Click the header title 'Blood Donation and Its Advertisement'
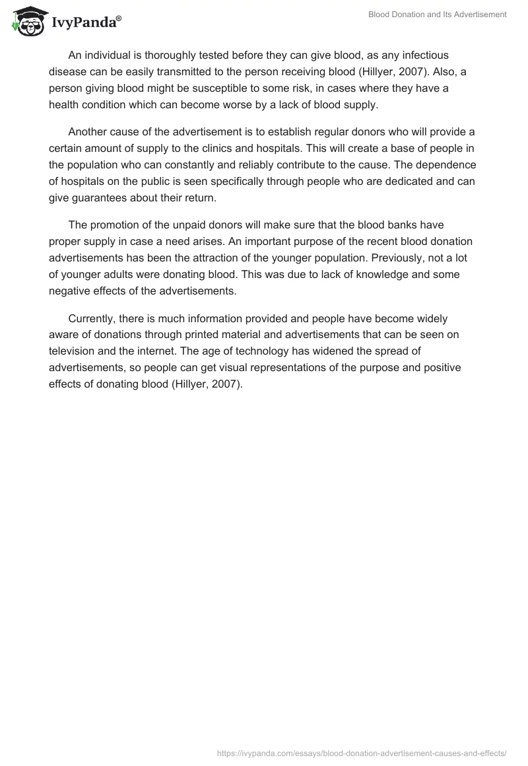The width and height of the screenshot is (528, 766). click(437, 15)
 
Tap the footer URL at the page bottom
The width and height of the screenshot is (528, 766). click(362, 752)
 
